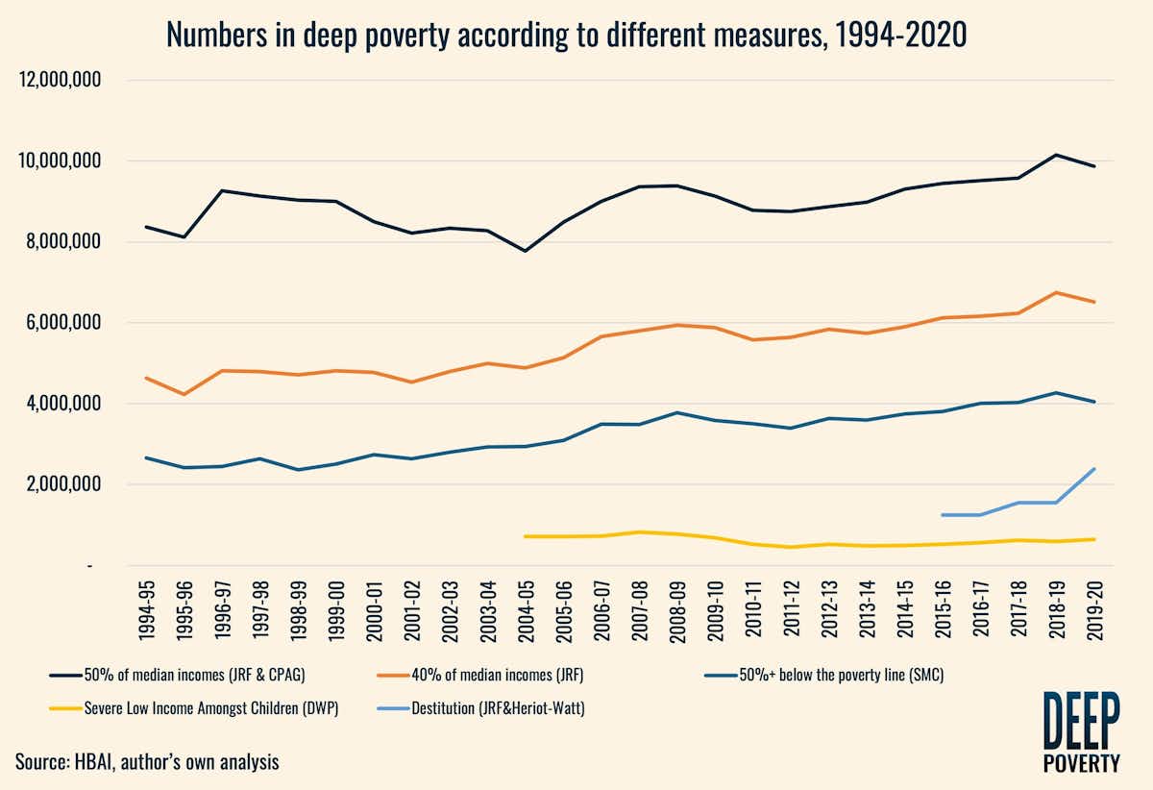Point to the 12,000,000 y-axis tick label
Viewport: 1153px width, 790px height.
[x=61, y=81]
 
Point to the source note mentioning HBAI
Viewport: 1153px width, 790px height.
[x=147, y=762]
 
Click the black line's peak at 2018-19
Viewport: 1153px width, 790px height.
[x=1056, y=155]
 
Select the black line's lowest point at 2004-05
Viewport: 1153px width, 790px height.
[x=526, y=251]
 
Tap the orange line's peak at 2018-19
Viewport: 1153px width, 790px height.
[x=1056, y=292]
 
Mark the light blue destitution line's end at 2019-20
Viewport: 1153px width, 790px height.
[x=1094, y=469]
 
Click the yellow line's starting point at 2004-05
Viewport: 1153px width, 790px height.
[x=526, y=536]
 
